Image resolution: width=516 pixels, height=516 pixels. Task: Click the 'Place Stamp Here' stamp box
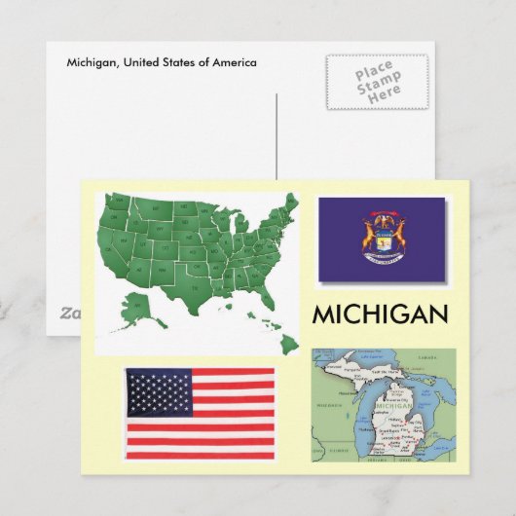pos(377,81)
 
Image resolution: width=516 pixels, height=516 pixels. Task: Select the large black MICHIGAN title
pos(380,315)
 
